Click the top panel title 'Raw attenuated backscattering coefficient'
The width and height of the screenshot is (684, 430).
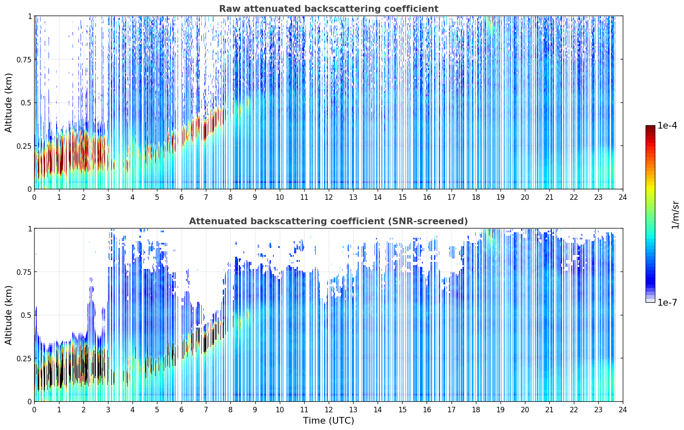click(329, 8)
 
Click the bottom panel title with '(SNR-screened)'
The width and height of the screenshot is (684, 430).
click(329, 221)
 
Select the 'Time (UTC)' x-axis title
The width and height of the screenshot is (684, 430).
click(329, 421)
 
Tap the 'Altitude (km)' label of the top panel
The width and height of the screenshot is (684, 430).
click(8, 103)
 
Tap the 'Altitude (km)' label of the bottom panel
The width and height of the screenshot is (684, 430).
click(8, 315)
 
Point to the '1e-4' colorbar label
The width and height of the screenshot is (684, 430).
click(667, 125)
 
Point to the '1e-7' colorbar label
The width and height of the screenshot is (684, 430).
click(667, 303)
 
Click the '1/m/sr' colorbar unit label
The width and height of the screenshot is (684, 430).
click(675, 215)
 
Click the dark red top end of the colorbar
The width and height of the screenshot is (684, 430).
click(650, 127)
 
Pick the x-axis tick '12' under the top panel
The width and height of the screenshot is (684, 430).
click(329, 197)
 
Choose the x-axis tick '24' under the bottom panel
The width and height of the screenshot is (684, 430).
click(623, 410)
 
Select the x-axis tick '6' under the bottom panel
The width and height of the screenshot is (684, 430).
click(181, 410)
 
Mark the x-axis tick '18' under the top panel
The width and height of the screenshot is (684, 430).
click(476, 197)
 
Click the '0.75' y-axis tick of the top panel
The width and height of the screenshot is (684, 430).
click(24, 59)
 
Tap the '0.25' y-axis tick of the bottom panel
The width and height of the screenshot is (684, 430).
click(24, 358)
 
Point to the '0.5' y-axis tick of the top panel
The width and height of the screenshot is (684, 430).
click(26, 103)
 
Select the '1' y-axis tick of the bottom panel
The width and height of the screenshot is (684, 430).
click(30, 229)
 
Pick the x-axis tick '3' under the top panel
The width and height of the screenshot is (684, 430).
click(108, 197)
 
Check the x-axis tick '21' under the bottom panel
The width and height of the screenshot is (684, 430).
click(549, 410)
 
